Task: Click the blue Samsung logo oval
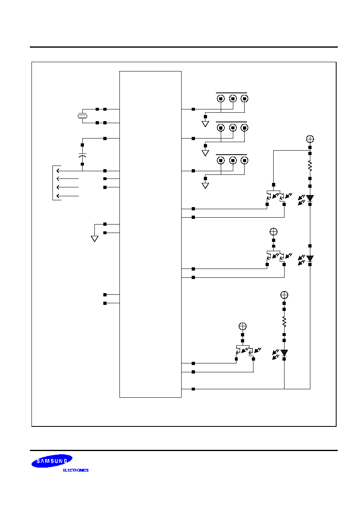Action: tap(52, 461)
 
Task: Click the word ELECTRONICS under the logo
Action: tap(76, 470)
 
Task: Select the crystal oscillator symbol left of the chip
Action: tap(82, 116)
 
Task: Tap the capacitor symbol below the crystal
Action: tap(82, 155)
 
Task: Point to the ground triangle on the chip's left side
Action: tap(95, 239)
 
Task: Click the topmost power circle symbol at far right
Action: tap(310, 139)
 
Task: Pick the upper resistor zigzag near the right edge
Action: tap(310, 166)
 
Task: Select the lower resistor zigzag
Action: tap(284, 322)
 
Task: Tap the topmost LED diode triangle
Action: tap(310, 198)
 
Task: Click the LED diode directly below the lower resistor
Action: tap(284, 353)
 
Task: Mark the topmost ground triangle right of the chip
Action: tap(205, 124)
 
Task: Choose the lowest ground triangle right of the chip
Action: tap(205, 186)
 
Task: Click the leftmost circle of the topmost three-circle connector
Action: tap(221, 99)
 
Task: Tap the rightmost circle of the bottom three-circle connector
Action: tap(245, 161)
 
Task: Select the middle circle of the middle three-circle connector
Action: tap(233, 128)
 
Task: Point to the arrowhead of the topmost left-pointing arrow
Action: tap(58, 171)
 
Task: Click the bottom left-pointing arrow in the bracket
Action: tap(67, 196)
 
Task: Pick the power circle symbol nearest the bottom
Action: tap(243, 326)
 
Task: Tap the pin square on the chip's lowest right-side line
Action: tap(193, 389)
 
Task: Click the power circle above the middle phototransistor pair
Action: tap(274, 232)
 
